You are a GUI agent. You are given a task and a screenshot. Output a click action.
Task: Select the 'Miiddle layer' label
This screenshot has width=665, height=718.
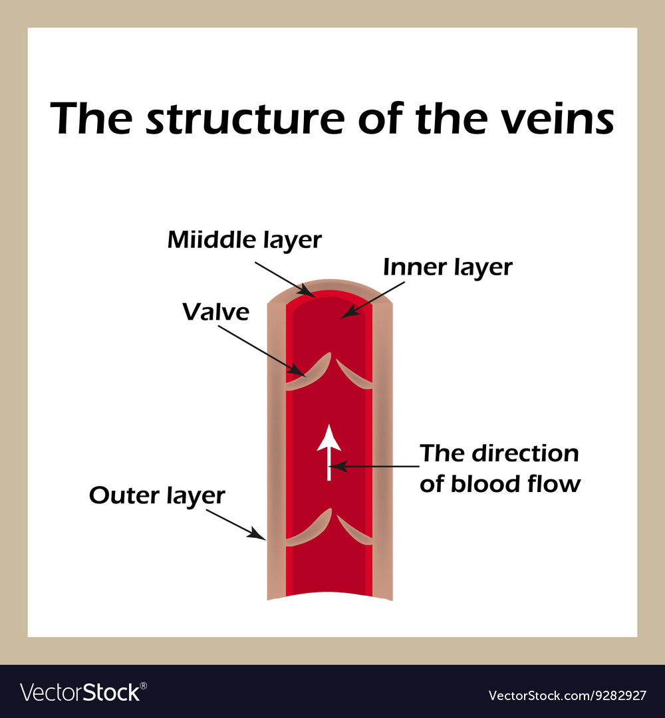[x=244, y=240]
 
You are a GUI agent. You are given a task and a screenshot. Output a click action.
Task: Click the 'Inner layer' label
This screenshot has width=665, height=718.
[x=447, y=267]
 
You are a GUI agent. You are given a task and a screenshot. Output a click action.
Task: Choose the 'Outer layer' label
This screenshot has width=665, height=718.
[x=157, y=495]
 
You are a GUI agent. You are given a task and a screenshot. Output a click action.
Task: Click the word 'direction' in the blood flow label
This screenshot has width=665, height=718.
[x=525, y=453]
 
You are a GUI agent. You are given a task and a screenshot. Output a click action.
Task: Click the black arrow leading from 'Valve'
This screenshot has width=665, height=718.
[x=262, y=350]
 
